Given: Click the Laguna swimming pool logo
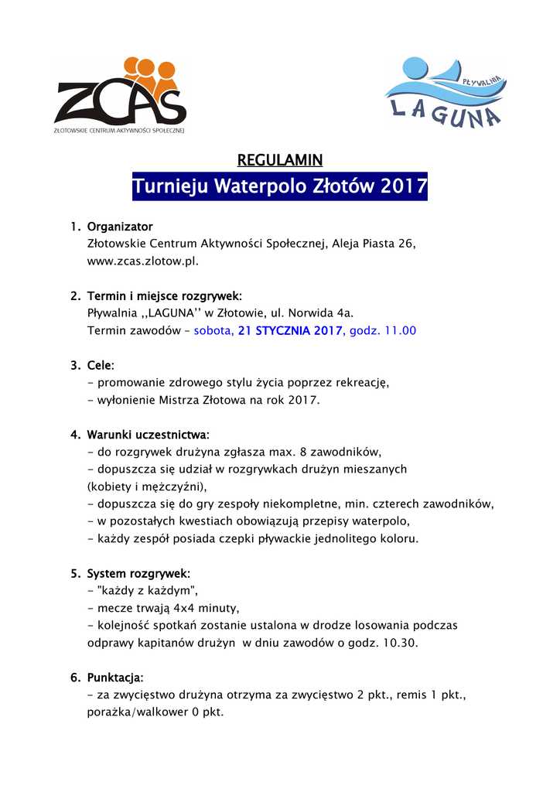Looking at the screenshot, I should [446, 92].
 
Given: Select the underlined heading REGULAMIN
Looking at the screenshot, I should [279, 160].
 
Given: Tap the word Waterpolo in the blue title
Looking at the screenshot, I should [260, 186].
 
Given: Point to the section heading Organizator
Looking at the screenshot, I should [120, 227].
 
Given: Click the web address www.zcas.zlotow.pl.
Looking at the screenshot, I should [143, 261].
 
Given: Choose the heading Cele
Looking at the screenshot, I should [101, 364].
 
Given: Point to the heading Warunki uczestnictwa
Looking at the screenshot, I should [149, 434].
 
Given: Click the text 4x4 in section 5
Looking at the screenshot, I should [176, 607].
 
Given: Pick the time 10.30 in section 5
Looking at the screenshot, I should [401, 642].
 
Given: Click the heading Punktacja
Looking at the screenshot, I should [115, 678].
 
